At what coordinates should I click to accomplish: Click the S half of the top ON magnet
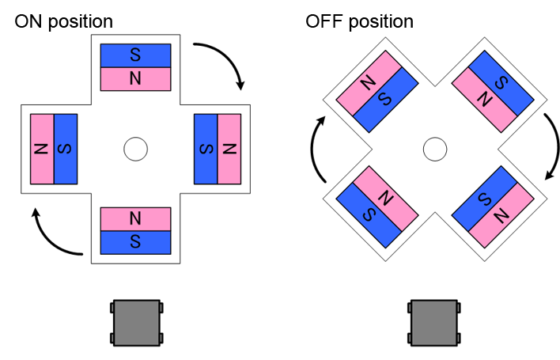click(x=135, y=55)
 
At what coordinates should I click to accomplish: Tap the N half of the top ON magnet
click(x=135, y=79)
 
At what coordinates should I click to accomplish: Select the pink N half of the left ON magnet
click(x=42, y=149)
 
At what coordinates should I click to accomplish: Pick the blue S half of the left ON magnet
click(x=66, y=149)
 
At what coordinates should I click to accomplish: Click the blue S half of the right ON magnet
click(x=206, y=149)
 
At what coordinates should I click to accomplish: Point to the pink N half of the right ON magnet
click(x=229, y=149)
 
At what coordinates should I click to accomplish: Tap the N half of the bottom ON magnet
click(x=135, y=218)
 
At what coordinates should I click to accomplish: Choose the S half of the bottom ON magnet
click(x=135, y=241)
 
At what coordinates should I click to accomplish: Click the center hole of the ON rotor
click(x=135, y=148)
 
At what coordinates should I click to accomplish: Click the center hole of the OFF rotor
click(x=433, y=148)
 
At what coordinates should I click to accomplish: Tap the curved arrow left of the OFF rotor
click(x=314, y=150)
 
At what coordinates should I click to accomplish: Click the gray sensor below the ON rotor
click(x=136, y=323)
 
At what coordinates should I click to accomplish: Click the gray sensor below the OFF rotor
click(x=433, y=323)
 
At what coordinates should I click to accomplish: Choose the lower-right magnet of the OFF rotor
click(x=490, y=206)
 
